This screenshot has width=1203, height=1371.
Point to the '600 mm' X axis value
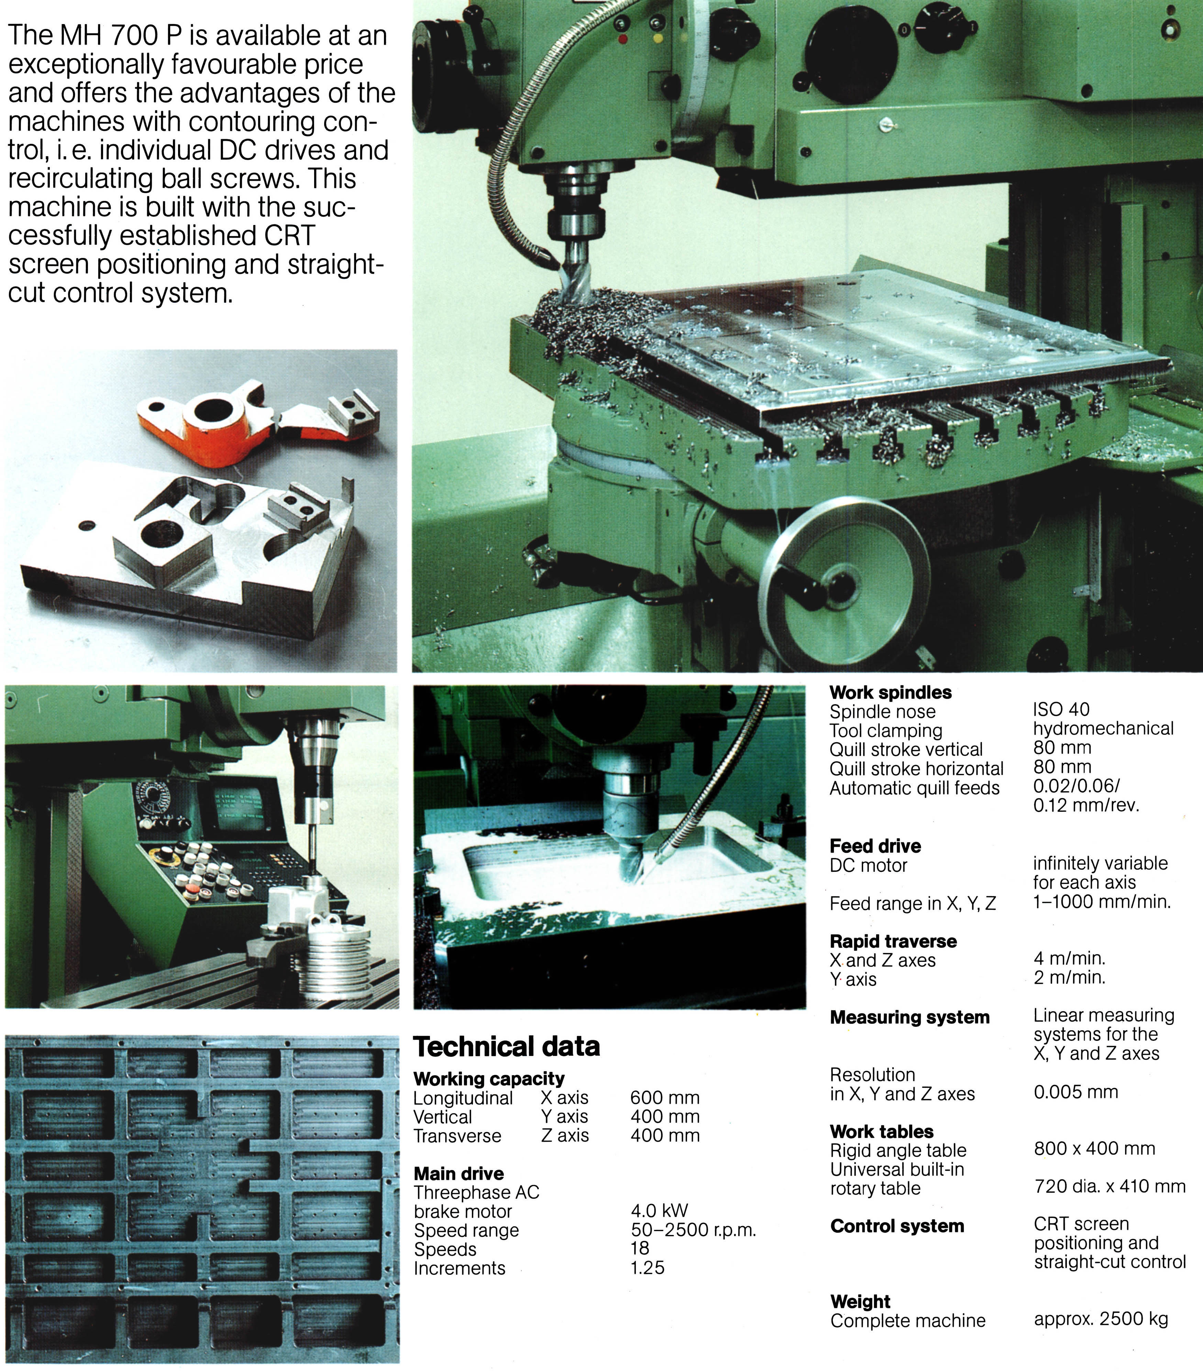(x=665, y=1098)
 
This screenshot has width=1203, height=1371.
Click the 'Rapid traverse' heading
(x=893, y=941)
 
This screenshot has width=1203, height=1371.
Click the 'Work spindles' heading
(x=890, y=692)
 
